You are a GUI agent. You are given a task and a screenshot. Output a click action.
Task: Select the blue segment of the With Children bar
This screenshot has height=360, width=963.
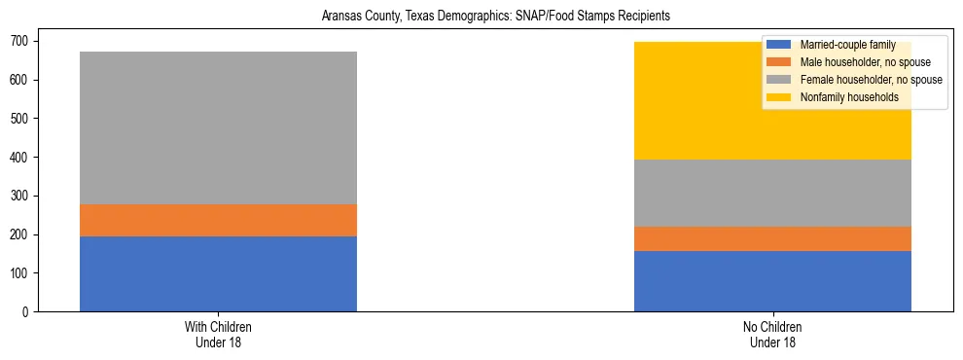tap(218, 273)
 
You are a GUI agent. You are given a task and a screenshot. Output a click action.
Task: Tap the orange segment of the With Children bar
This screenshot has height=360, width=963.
tap(218, 220)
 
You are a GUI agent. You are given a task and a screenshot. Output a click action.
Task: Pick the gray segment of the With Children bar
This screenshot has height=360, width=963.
tap(218, 127)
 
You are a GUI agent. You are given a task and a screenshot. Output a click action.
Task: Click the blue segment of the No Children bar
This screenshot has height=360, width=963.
tap(772, 281)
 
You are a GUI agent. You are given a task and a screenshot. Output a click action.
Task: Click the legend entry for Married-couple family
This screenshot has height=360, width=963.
tap(847, 45)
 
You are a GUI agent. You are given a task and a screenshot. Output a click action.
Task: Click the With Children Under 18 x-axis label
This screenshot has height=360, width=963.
tap(218, 334)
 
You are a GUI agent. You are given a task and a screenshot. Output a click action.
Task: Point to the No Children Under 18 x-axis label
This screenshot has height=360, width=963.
tap(772, 334)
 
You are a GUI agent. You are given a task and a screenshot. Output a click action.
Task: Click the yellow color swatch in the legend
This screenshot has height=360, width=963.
tap(779, 97)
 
